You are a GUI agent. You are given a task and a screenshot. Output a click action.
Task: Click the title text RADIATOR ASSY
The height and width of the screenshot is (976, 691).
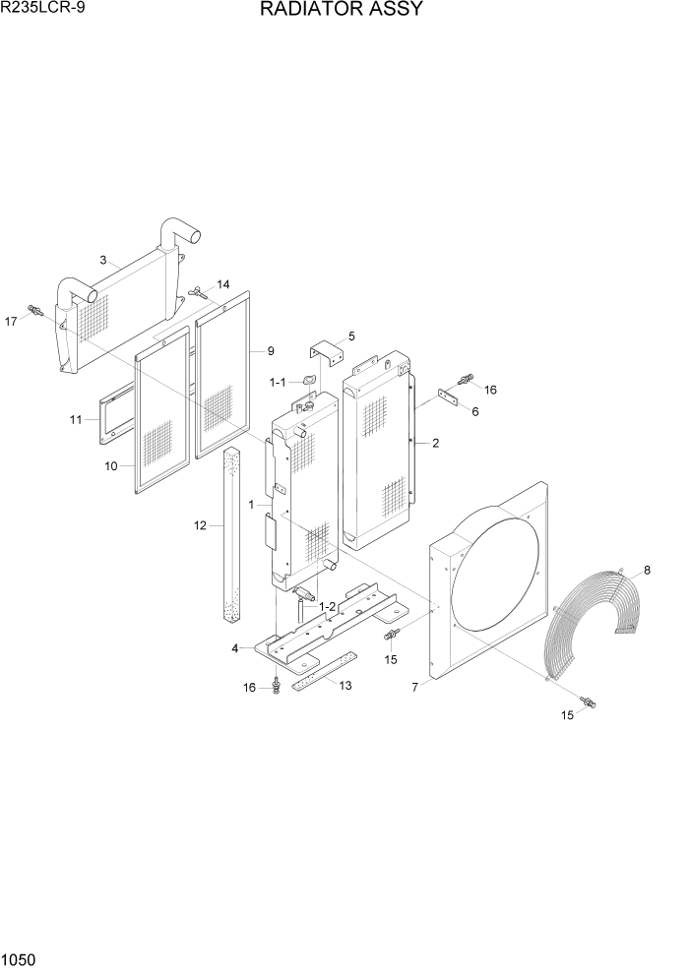pyautogui.click(x=342, y=10)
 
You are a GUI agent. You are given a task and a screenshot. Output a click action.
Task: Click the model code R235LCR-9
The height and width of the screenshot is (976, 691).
pyautogui.click(x=43, y=9)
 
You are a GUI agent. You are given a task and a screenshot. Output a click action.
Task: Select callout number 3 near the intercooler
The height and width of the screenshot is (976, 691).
pyautogui.click(x=103, y=260)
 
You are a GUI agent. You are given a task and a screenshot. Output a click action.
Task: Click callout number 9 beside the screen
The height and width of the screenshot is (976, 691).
pyautogui.click(x=270, y=351)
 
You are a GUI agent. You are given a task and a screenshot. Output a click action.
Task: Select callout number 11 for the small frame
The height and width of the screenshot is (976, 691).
pyautogui.click(x=76, y=420)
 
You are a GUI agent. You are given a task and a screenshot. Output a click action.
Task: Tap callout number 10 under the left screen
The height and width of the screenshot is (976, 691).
pyautogui.click(x=113, y=465)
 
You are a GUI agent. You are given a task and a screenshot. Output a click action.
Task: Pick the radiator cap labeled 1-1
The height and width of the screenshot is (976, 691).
pyautogui.click(x=309, y=381)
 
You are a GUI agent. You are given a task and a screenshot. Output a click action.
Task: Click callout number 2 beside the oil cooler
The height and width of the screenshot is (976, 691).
pyautogui.click(x=435, y=443)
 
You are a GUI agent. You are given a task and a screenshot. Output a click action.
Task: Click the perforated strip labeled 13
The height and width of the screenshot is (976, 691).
pyautogui.click(x=312, y=677)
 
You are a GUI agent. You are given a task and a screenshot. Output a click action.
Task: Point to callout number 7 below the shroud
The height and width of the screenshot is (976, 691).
pyautogui.click(x=414, y=687)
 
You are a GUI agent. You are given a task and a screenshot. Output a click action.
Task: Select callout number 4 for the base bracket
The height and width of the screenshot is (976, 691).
pyautogui.click(x=235, y=648)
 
